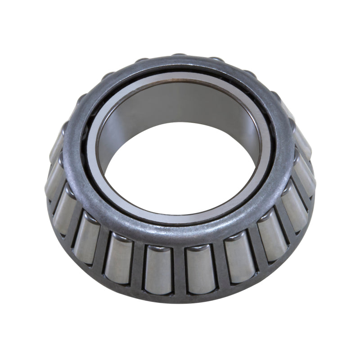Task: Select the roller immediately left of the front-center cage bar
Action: pyautogui.click(x=159, y=269)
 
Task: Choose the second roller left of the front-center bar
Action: pyautogui.click(x=118, y=260)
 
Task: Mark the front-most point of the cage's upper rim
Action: pyautogui.click(x=180, y=234)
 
